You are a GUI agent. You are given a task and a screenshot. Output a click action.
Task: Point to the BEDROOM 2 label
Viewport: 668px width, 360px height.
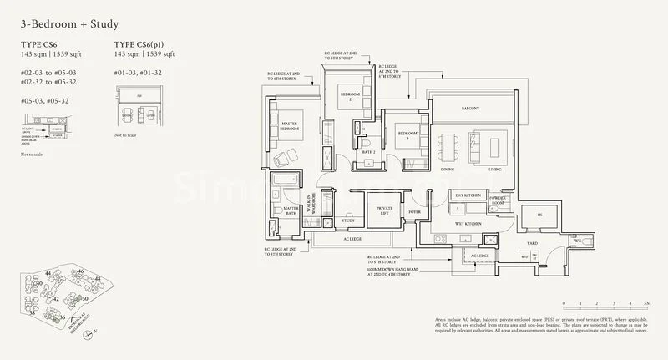[350, 97]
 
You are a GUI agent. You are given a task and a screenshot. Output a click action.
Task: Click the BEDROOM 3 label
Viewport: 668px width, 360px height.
[407, 135]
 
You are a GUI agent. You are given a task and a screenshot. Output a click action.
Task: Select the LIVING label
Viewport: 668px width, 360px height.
[495, 169]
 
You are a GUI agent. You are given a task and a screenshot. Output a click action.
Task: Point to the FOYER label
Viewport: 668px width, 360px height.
[414, 212]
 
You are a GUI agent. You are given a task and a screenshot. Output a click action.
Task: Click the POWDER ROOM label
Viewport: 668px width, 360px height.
[498, 203]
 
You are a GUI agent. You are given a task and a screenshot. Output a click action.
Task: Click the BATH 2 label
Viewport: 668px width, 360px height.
[368, 153]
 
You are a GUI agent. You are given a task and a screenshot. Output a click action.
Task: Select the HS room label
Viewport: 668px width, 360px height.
[539, 215]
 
